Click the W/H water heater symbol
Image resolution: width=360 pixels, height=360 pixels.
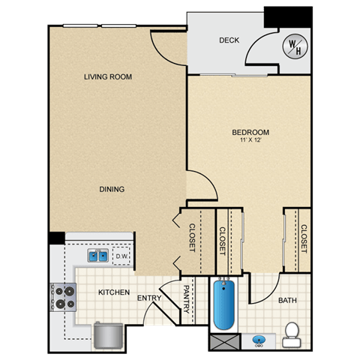pos(295,46)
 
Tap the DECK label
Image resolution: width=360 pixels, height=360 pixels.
pos(229,40)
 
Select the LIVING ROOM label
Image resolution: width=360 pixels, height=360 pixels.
pos(108,76)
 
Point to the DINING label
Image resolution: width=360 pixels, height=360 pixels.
pos(112,189)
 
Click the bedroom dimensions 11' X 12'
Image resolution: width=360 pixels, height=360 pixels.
pos(250,140)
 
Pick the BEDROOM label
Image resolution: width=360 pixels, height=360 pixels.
pos(250,132)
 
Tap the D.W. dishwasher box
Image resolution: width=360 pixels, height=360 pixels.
pos(121,256)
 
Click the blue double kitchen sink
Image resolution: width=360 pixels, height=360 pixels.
pos(98,256)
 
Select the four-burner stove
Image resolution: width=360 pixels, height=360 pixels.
pos(63,297)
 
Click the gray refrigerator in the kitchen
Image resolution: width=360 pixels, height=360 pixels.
pos(109,335)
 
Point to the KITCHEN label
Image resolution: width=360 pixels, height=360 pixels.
pos(114,292)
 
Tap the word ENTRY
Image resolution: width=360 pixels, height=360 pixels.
pos(149,298)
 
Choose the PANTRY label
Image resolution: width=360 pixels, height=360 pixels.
pos(187,299)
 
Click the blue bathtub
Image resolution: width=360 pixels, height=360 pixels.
pos(224,304)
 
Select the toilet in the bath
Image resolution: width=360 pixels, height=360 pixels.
pos(292,334)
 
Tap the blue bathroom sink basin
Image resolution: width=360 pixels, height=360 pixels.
pos(259,340)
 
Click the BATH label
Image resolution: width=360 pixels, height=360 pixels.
pos(287,300)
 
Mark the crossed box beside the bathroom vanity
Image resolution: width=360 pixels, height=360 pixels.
pos(225,342)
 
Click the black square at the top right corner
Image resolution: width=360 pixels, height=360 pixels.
pos(288,17)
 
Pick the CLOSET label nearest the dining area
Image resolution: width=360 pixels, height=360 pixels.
pos(192,238)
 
